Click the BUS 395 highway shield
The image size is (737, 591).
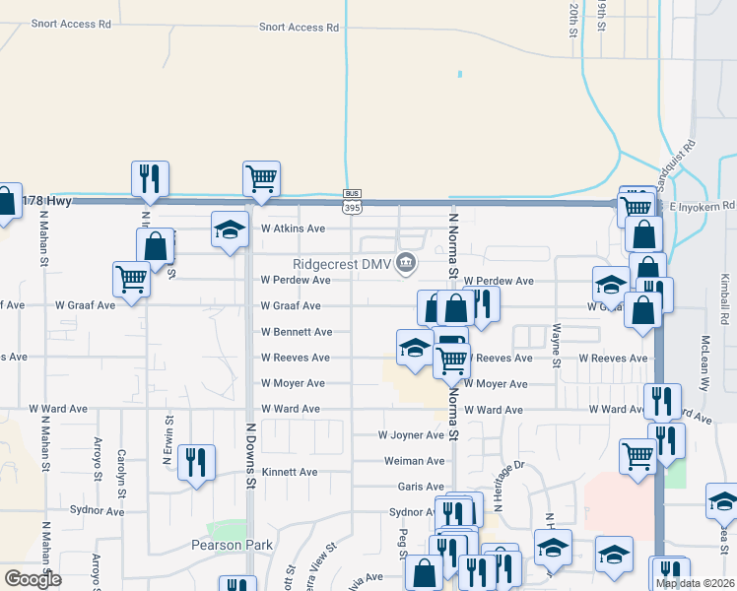click(352, 201)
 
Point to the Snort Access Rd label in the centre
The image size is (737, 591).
click(299, 28)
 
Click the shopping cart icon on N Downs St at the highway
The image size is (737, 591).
click(261, 179)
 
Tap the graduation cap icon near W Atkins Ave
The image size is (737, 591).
click(230, 230)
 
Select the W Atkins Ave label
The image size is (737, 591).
click(293, 229)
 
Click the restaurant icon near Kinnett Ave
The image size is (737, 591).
click(196, 461)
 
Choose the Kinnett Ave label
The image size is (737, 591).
click(290, 472)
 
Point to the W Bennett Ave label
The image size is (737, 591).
click(297, 332)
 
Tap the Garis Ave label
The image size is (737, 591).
click(421, 487)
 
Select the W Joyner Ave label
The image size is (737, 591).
click(411, 434)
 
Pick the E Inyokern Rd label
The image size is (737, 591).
click(703, 206)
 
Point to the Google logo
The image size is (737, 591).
click(33, 580)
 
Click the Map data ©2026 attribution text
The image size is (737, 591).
click(695, 583)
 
